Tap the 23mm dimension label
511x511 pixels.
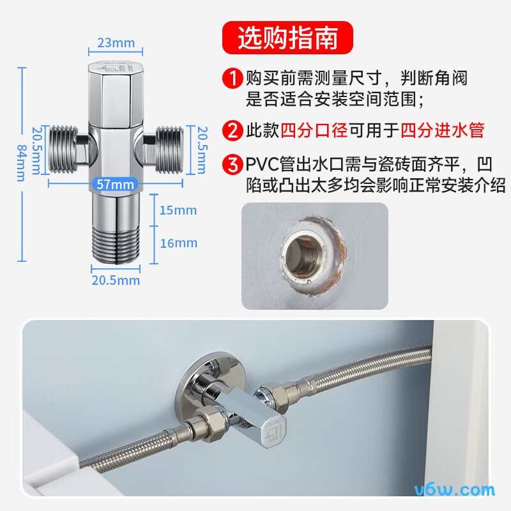click(116, 43)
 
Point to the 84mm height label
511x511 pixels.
click(20, 164)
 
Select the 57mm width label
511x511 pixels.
click(116, 185)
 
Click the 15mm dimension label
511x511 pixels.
click(178, 210)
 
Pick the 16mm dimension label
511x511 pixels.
click(178, 243)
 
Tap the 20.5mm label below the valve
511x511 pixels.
click(116, 280)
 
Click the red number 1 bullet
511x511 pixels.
click(232, 79)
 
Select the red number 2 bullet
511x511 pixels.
click(232, 131)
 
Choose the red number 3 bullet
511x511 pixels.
click(232, 165)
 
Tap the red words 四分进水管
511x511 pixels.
click(442, 131)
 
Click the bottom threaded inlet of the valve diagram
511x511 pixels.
click(116, 243)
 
